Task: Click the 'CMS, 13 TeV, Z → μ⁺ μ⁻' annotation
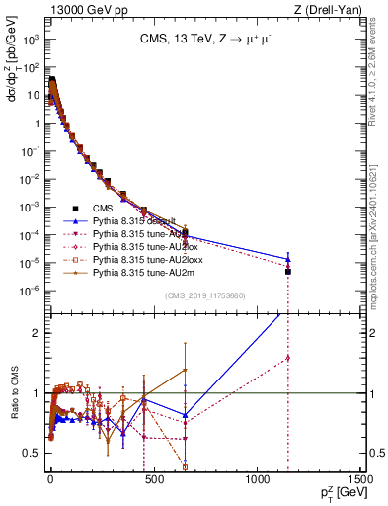click(204, 41)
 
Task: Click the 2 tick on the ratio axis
click(38, 333)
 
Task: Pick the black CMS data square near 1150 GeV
click(288, 271)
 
